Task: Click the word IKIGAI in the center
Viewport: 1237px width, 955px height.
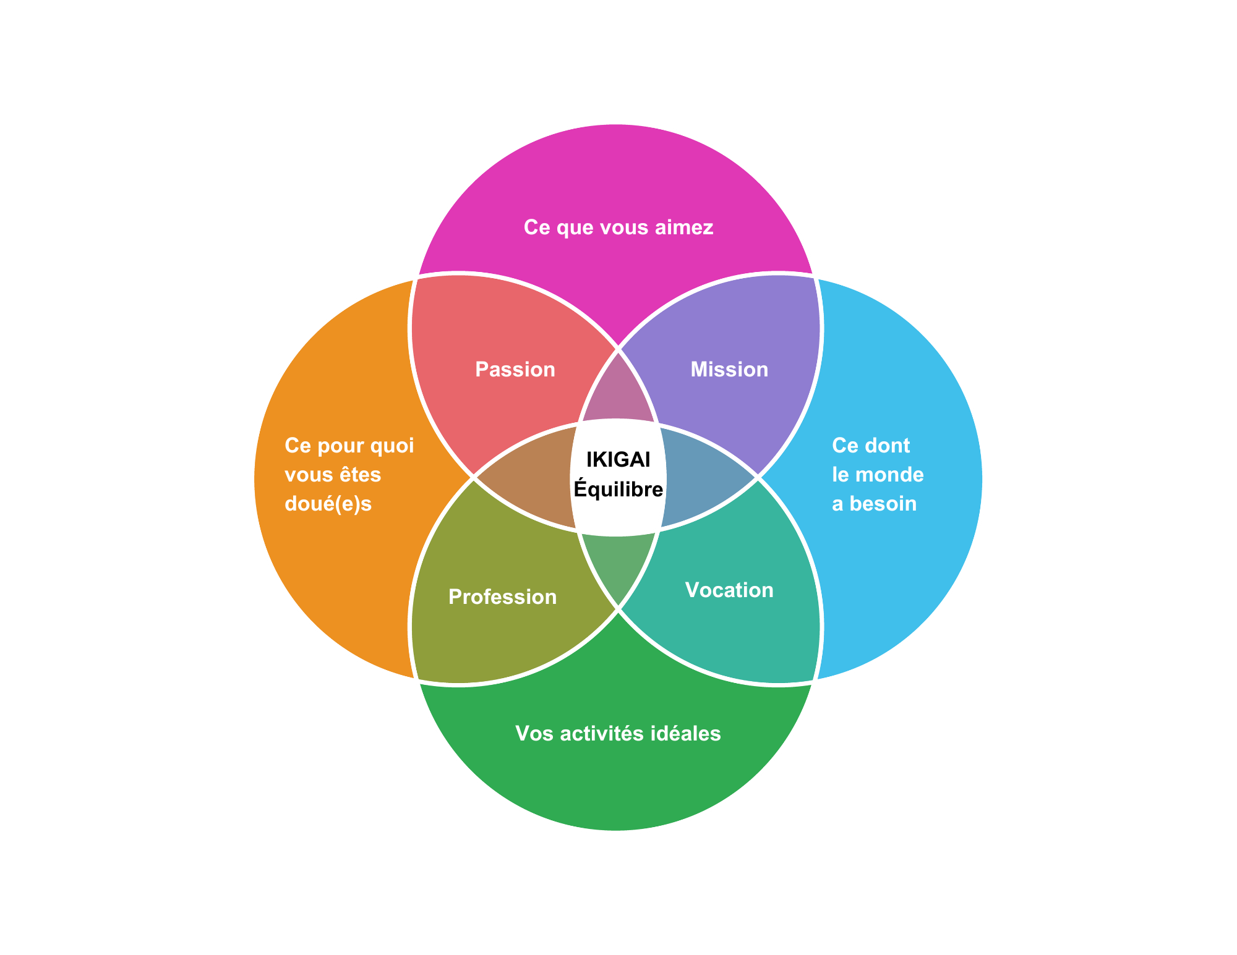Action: pyautogui.click(x=618, y=460)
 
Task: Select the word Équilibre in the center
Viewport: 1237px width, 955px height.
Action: pyautogui.click(x=618, y=489)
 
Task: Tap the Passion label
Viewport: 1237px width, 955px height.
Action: pyautogui.click(x=515, y=370)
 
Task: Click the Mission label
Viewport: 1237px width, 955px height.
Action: pyautogui.click(x=729, y=370)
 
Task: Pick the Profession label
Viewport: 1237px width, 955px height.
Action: pyautogui.click(x=502, y=597)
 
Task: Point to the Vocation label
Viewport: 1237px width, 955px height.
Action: pyautogui.click(x=729, y=590)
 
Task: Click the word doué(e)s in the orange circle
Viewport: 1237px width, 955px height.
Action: pyautogui.click(x=328, y=504)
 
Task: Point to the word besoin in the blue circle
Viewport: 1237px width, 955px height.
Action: pyautogui.click(x=883, y=504)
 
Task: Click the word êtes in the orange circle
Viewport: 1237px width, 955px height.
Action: pyautogui.click(x=361, y=475)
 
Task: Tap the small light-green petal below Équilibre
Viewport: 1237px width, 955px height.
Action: pyautogui.click(x=618, y=562)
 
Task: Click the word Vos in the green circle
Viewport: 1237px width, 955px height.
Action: pyautogui.click(x=530, y=734)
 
